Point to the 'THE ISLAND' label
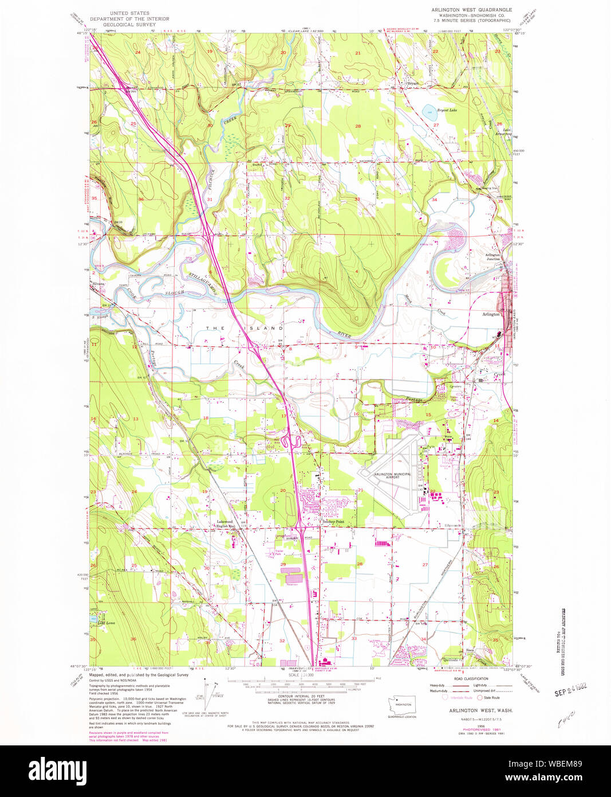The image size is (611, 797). coord(245,327)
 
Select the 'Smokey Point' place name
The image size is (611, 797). coord(333,522)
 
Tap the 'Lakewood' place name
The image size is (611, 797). coord(225,521)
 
